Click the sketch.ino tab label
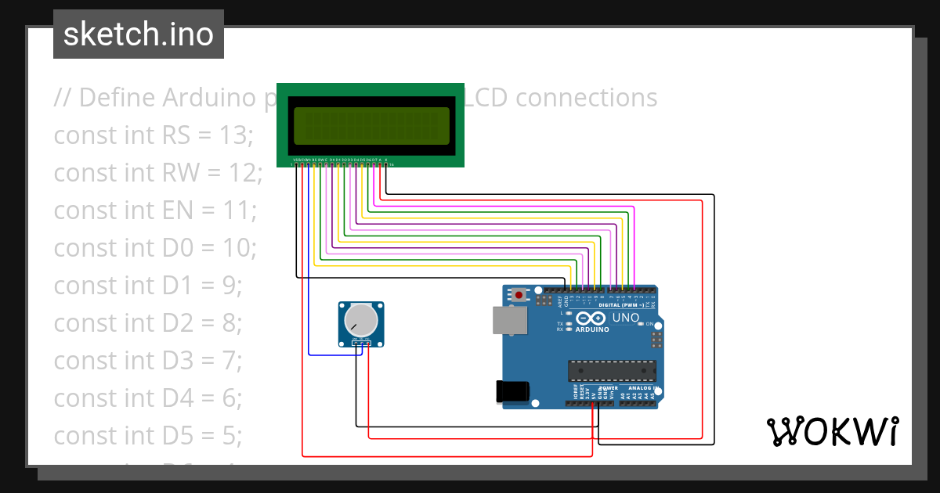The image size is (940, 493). coord(138,34)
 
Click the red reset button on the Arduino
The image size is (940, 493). coord(519,296)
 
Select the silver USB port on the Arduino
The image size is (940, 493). coord(508,321)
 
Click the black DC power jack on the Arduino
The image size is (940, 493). coord(513,391)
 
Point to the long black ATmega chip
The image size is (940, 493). coord(612,368)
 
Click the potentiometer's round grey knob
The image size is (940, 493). coord(361,319)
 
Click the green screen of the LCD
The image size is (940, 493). coord(371,126)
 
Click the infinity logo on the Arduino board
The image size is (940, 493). coord(591,318)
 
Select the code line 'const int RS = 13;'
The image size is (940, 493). coord(154,135)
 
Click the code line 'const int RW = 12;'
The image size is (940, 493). coord(157,173)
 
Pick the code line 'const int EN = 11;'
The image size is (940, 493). coord(155,211)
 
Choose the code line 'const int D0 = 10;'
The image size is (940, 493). coord(155,248)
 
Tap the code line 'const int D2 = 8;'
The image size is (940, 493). coord(148,323)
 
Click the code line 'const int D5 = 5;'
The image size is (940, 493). coord(148,436)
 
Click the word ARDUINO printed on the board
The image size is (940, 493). coord(592,329)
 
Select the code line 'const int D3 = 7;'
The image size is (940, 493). coord(148,361)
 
